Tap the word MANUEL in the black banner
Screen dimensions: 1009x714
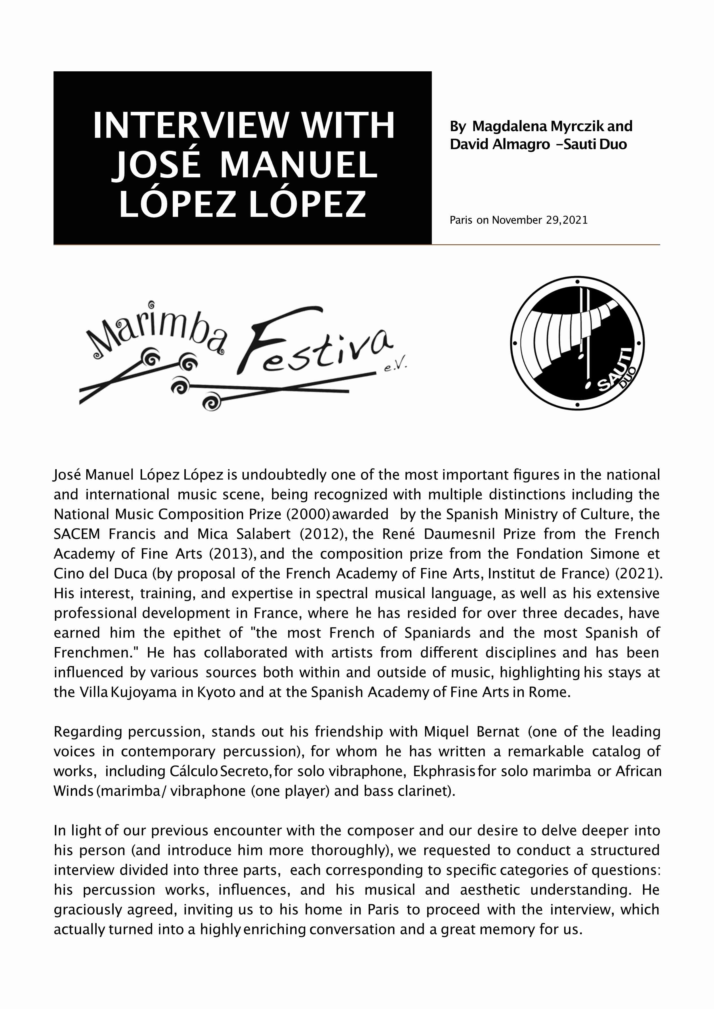299,165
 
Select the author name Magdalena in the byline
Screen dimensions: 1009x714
510,126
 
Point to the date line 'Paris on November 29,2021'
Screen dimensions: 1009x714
518,220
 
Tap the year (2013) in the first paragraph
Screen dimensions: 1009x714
232,554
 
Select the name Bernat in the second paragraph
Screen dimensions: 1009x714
498,732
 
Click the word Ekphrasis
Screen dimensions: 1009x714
444,771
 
